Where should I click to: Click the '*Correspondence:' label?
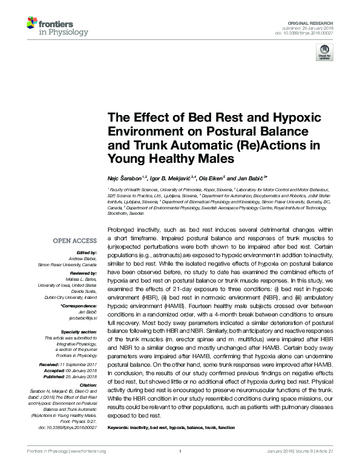point(81,307)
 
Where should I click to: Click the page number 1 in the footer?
point(180,468)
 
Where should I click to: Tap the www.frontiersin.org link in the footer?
point(88,468)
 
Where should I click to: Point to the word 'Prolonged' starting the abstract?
point(120,232)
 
